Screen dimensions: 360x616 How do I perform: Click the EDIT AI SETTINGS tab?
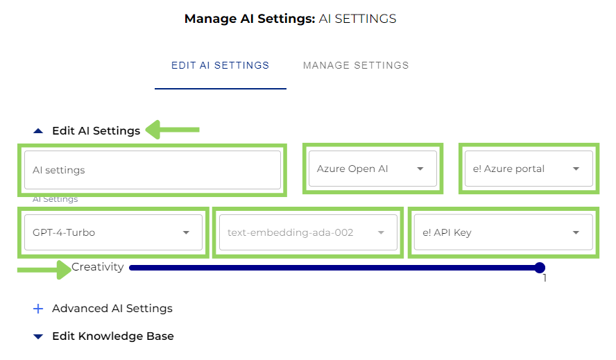click(220, 66)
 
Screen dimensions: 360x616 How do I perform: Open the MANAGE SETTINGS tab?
click(356, 66)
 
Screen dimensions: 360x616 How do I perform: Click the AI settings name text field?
click(152, 170)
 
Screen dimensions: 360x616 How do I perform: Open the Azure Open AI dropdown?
click(372, 169)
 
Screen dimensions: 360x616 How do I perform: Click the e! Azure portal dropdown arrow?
click(576, 169)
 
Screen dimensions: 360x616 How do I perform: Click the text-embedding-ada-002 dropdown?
click(306, 232)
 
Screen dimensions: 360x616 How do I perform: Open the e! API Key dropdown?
click(502, 232)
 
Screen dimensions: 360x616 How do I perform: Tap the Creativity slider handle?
click(540, 268)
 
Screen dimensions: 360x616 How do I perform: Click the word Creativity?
click(98, 267)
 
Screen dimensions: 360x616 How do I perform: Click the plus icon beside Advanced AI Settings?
click(38, 309)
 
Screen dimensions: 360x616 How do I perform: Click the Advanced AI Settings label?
click(112, 309)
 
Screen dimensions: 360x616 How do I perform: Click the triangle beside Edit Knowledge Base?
click(38, 336)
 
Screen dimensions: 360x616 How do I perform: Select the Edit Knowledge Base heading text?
click(113, 336)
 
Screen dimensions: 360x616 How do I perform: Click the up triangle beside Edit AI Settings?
click(38, 130)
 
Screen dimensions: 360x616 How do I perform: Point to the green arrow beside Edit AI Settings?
click(173, 129)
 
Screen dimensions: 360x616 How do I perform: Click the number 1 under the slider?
click(545, 279)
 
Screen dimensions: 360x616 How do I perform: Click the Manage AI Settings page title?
click(290, 19)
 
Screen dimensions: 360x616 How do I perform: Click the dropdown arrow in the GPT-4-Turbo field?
click(186, 233)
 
